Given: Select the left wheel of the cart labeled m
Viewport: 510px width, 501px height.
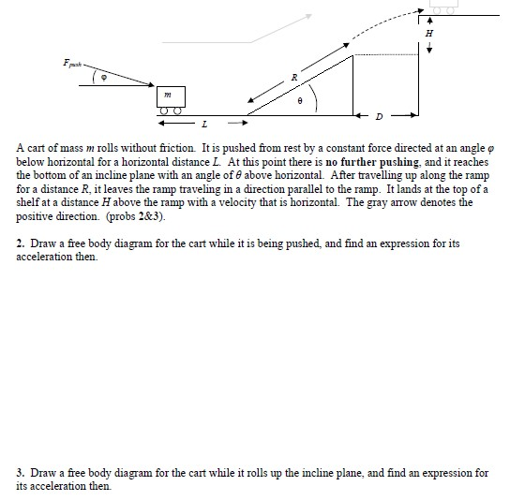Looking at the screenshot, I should tap(163, 111).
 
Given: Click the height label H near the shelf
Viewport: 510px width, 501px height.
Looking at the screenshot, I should tap(430, 32).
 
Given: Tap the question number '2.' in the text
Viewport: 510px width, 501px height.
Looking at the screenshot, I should tap(22, 243).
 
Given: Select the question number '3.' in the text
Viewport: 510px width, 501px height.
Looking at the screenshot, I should tap(22, 473).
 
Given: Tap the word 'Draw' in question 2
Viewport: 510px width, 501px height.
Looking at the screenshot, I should tap(43, 243).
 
